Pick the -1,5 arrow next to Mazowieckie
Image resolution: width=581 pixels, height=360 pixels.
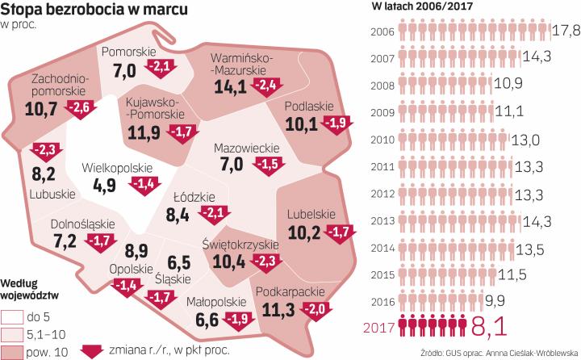pyautogui.click(x=265, y=165)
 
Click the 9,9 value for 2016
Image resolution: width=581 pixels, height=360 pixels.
pyautogui.click(x=483, y=302)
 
